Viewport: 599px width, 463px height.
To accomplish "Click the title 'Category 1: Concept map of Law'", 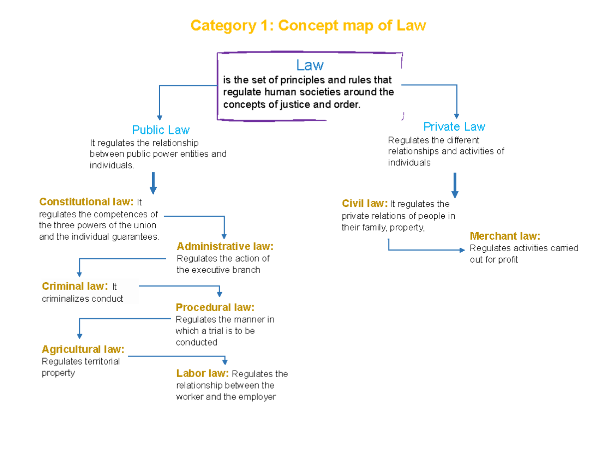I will click(x=309, y=26).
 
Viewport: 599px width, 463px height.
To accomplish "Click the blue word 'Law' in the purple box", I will click(x=310, y=65).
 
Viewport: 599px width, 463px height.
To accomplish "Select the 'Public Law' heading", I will click(x=161, y=130).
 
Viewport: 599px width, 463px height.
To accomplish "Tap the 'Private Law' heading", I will click(x=454, y=126).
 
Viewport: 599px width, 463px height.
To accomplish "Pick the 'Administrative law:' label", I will click(x=225, y=247).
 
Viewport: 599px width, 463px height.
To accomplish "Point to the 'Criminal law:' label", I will click(x=75, y=287).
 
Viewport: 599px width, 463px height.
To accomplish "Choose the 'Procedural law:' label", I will click(x=215, y=307).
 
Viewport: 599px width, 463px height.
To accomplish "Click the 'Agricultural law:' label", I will click(x=83, y=349).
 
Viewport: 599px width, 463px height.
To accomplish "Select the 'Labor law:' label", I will click(x=203, y=374).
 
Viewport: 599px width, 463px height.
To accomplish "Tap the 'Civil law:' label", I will click(x=365, y=204).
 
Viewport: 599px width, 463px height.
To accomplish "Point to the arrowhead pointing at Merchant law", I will click(x=463, y=250).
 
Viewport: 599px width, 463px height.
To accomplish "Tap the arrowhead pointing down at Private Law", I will click(x=456, y=116).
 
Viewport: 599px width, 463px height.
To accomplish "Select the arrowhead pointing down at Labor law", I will click(x=225, y=362).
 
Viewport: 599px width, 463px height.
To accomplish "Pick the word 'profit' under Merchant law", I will click(x=507, y=260).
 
